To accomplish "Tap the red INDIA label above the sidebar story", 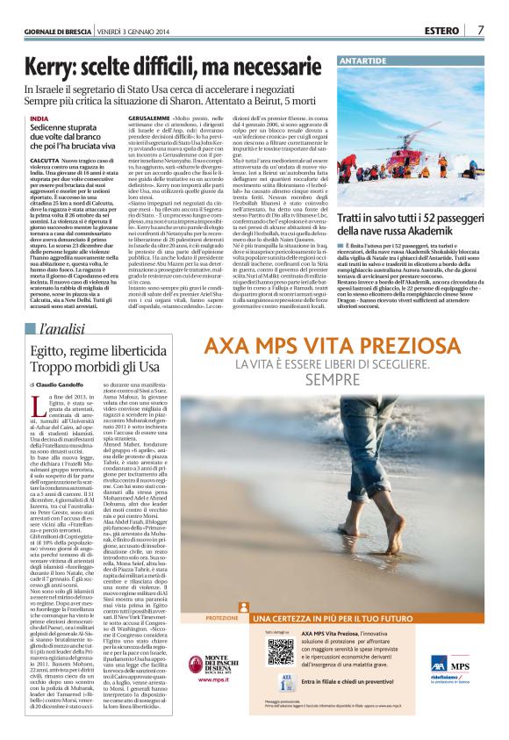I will [39, 117].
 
